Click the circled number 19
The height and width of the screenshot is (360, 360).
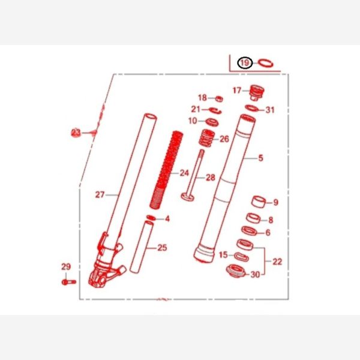pos(245,62)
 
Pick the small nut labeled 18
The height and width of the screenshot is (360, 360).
pos(219,99)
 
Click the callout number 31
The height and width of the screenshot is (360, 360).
pos(270,110)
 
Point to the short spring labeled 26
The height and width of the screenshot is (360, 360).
pos(207,138)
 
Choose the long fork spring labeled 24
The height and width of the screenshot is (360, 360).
pos(166,170)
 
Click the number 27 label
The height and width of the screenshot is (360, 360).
pos(100,194)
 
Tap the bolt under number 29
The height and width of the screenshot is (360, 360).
pos(68,282)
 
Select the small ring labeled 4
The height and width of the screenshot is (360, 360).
pos(151,218)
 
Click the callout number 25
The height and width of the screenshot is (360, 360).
pos(162,248)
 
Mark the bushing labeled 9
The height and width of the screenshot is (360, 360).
pos(259,202)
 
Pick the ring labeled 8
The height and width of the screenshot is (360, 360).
pos(253,218)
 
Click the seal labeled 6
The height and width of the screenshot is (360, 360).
pos(250,231)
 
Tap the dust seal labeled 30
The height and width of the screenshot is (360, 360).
pos(236,271)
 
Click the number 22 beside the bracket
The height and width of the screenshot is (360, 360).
pos(277,262)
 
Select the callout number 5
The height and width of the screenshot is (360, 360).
pos(260,158)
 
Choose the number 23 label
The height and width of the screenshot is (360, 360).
pos(76,133)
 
